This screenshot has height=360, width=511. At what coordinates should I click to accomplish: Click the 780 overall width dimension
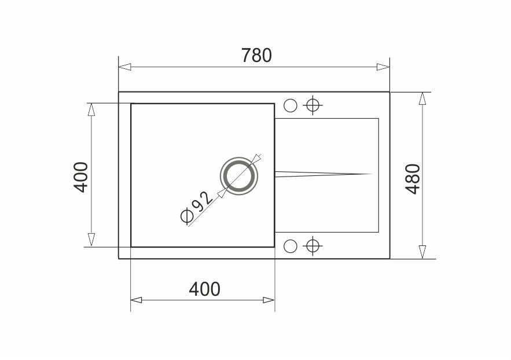256,56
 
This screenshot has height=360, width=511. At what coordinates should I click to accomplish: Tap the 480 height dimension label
413,179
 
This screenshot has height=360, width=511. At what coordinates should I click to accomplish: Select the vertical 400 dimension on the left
81,177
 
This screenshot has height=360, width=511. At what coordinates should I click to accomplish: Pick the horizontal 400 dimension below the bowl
205,289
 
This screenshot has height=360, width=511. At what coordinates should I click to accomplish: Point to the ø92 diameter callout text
197,208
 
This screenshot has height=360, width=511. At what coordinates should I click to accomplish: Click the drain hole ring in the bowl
239,177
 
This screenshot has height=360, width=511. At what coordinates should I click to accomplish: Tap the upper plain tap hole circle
291,105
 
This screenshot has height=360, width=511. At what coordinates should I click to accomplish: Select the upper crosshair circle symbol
313,105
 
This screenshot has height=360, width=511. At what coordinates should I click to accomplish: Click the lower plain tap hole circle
291,246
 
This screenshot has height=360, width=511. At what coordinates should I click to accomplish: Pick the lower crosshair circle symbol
313,246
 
